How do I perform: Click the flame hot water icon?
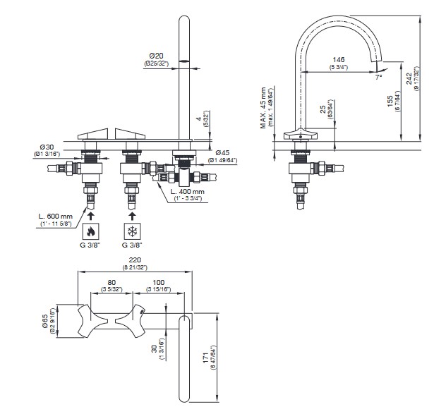[x=90, y=231]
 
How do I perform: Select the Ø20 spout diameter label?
[x=156, y=55]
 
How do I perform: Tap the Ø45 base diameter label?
[x=223, y=153]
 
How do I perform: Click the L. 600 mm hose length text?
[x=56, y=216]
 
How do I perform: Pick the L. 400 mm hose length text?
[x=188, y=191]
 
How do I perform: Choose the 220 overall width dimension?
[x=134, y=260]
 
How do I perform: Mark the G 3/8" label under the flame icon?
[x=90, y=244]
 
